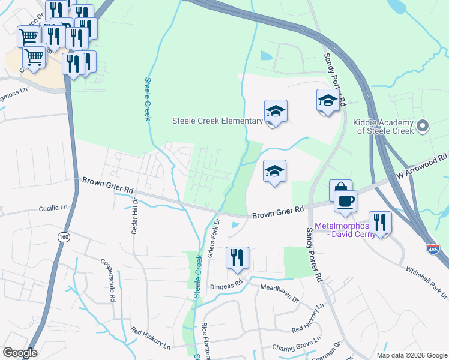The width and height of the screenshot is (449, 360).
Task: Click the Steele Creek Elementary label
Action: tap(217, 121)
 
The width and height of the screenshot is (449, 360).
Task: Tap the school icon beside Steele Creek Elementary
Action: tap(276, 112)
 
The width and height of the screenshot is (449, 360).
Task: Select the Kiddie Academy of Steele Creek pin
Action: tap(423, 126)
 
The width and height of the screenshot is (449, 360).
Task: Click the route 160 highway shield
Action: tap(64, 238)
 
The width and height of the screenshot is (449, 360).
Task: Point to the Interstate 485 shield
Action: tap(433, 248)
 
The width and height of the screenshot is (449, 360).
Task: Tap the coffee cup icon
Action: tap(345, 202)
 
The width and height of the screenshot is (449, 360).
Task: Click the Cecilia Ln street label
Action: tap(53, 208)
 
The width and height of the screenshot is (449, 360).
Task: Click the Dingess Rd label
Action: tap(226, 285)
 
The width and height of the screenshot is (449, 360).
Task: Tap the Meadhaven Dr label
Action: tap(279, 290)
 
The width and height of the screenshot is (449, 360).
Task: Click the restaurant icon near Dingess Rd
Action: tap(237, 258)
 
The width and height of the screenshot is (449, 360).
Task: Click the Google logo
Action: tap(20, 353)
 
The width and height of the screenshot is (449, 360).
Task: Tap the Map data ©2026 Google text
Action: tap(411, 355)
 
